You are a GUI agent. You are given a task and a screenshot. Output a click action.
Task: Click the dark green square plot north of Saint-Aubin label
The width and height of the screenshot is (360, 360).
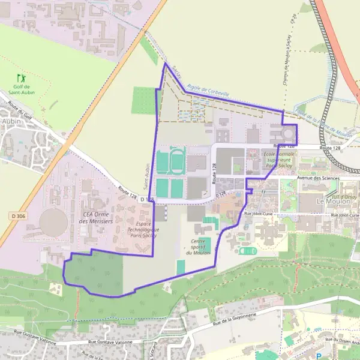[x=143, y=101]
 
